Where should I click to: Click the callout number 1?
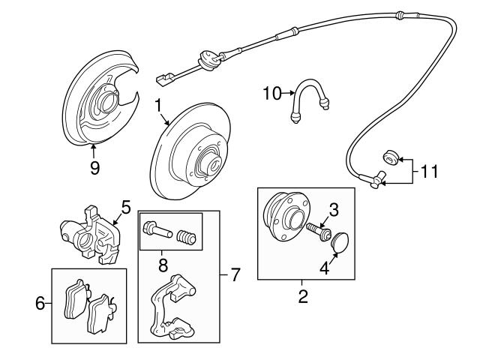(158, 106)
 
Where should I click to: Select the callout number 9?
(94, 167)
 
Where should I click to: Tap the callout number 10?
(272, 93)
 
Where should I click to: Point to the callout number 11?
(430, 172)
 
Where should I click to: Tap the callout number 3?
(334, 210)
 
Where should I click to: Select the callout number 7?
(235, 274)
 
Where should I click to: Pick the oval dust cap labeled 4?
(340, 243)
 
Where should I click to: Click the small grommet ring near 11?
(391, 157)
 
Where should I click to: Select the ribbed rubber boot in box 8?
(186, 237)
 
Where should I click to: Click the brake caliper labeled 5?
(90, 235)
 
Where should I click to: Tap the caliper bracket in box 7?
(172, 307)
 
